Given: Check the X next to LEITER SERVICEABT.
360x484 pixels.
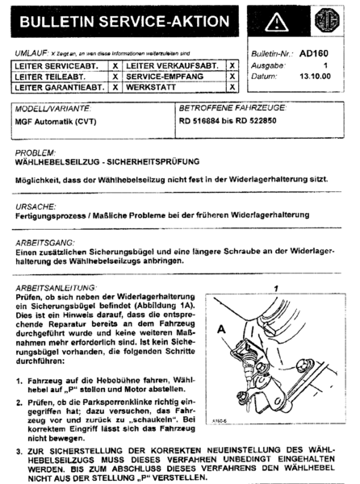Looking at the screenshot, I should click(115, 65).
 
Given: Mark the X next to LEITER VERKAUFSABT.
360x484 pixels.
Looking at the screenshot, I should click(232, 65).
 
